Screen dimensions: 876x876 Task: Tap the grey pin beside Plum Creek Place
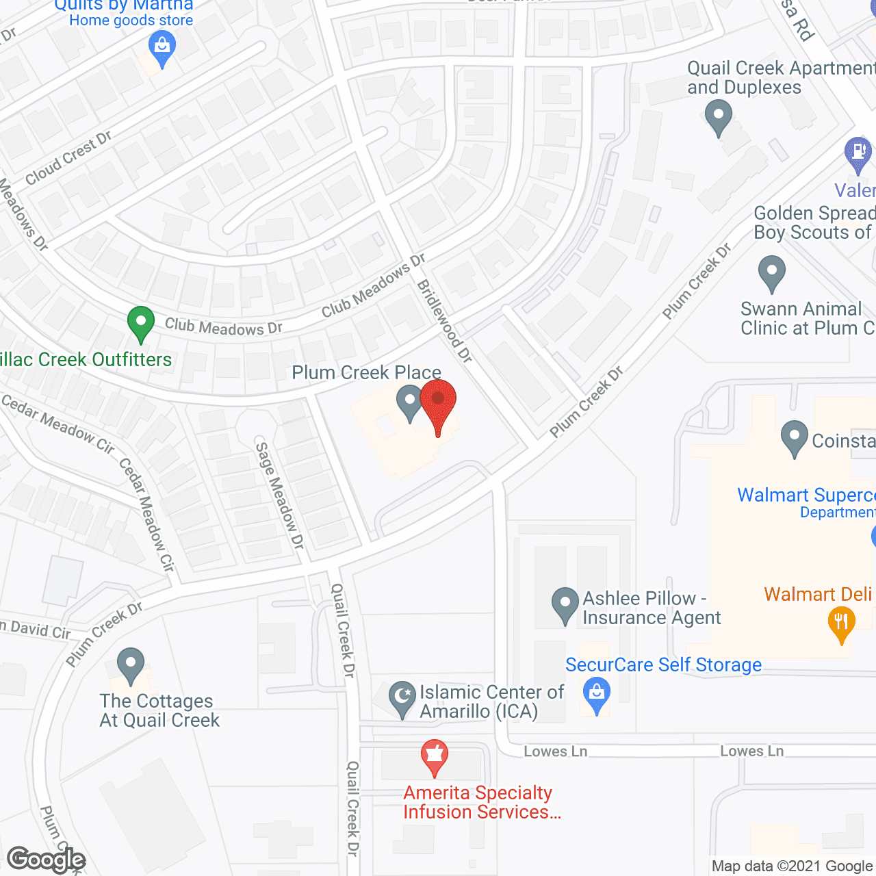click(410, 402)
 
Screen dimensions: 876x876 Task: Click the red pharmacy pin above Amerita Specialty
click(434, 756)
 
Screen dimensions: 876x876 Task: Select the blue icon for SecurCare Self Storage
click(597, 694)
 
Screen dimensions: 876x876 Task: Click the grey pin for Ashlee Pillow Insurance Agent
click(565, 605)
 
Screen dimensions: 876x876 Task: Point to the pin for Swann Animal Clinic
click(772, 272)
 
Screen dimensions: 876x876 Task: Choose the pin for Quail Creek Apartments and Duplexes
click(718, 116)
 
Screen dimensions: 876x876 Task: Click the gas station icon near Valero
click(858, 153)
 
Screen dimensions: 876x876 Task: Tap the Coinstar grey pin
click(795, 437)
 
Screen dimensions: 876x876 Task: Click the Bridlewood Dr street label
click(445, 321)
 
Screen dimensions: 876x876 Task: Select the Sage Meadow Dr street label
click(279, 495)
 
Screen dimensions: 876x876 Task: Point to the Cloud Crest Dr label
click(68, 159)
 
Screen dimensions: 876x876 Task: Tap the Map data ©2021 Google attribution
click(793, 866)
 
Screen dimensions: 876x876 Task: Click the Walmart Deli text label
click(819, 594)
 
